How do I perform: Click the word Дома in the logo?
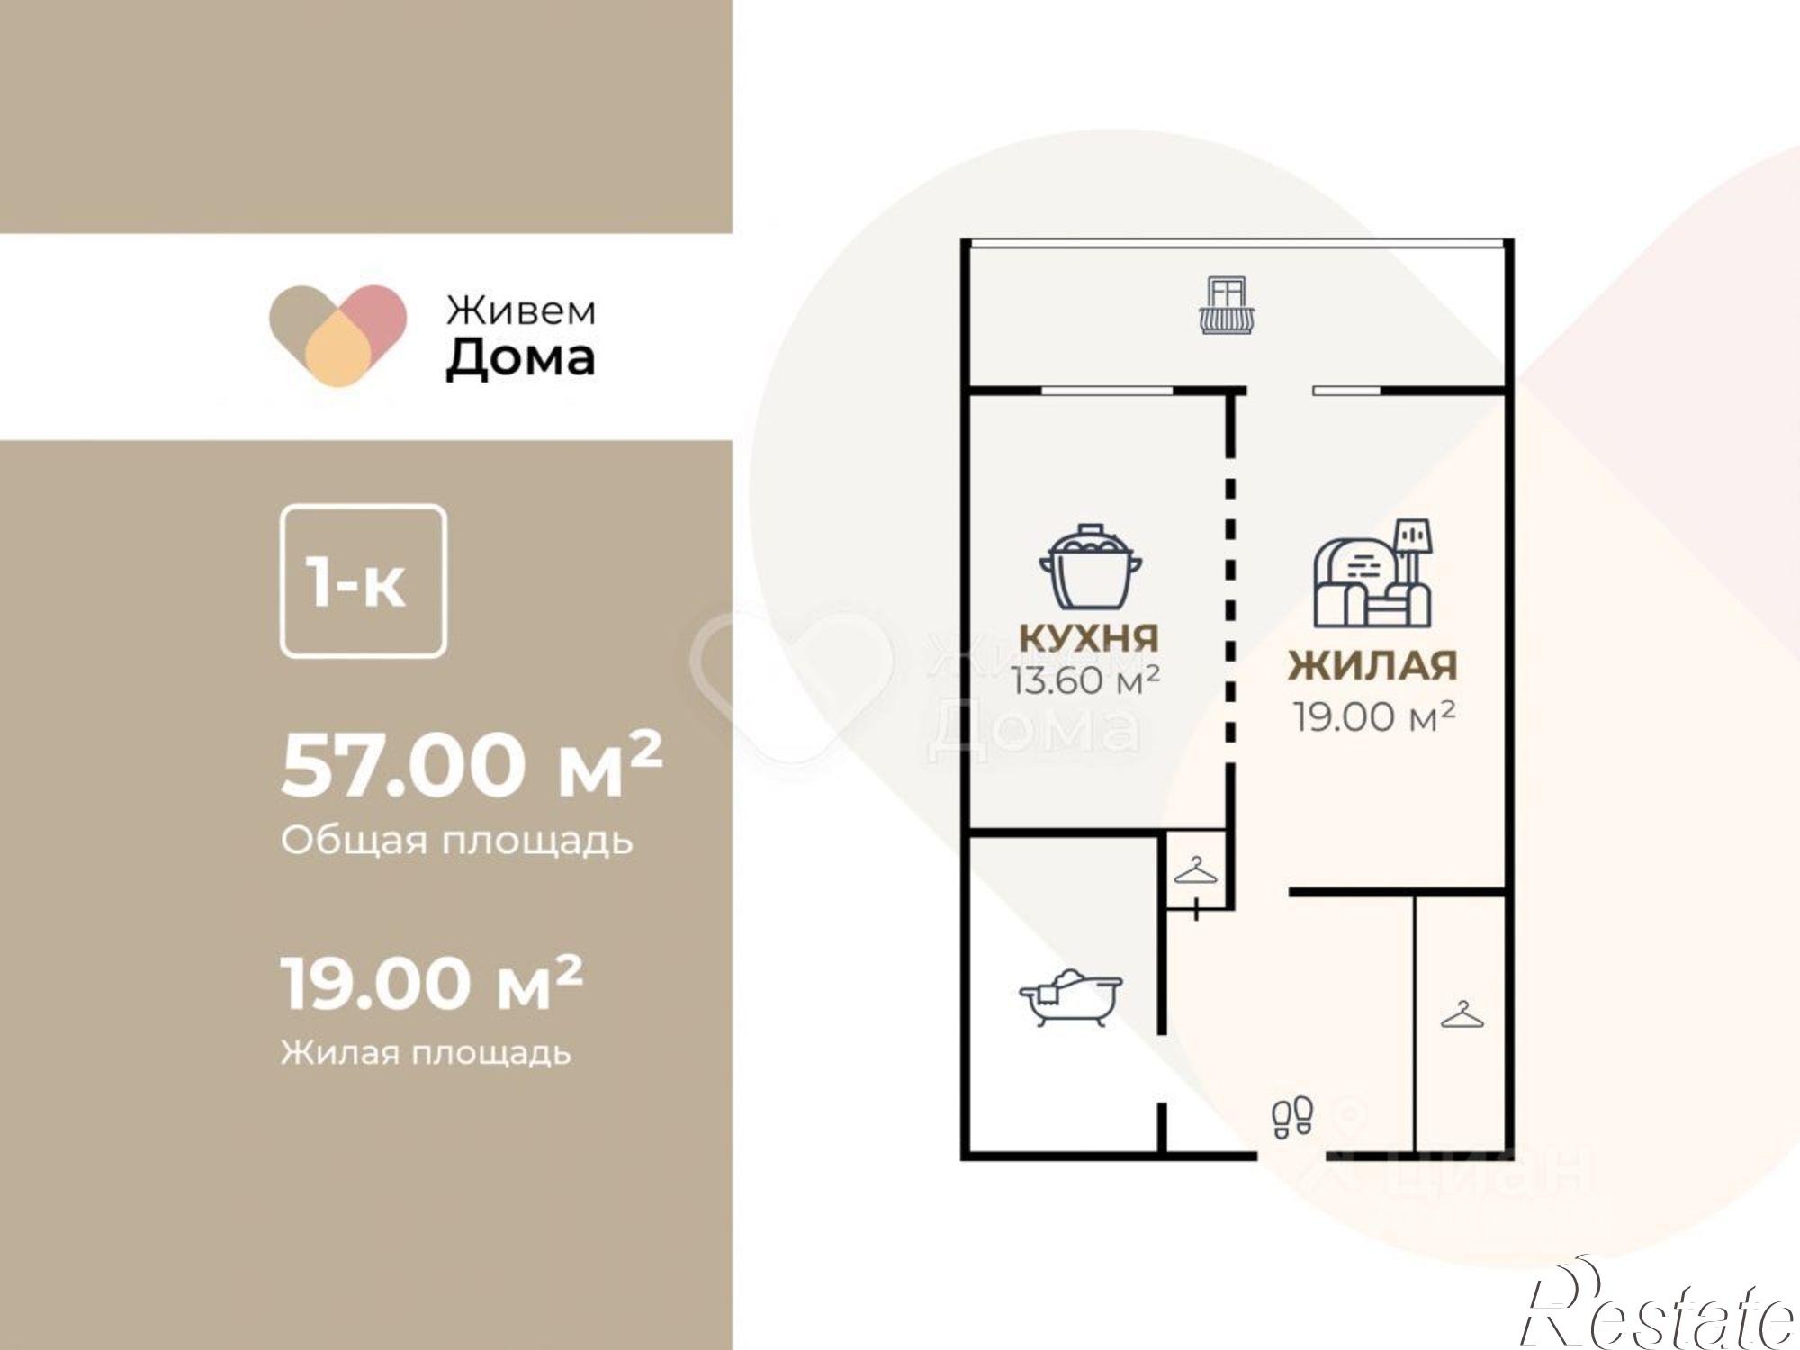coord(520,359)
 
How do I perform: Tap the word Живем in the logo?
coord(521,310)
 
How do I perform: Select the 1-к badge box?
coord(363,581)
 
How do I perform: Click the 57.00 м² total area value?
coord(472,765)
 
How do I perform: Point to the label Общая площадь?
coord(457,841)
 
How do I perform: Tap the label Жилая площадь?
coord(425,1051)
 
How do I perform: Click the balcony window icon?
coord(1227,306)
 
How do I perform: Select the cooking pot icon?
coord(1090,567)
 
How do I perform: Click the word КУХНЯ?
coord(1089,637)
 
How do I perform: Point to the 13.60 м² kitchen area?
coord(1084,680)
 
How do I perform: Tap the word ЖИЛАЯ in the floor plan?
coord(1372,666)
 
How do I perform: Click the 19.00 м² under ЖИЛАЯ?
coord(1374,716)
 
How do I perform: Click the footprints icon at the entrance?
coord(1292,1117)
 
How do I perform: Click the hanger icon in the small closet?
coord(1195,871)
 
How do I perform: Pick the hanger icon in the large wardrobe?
coord(1462,1015)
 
